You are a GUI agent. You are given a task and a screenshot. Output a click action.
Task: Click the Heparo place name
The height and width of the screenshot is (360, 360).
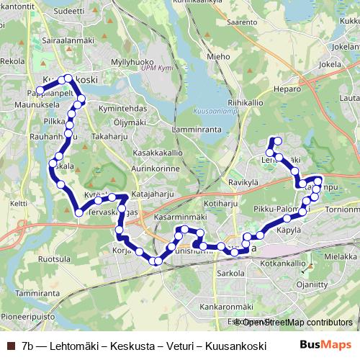286,90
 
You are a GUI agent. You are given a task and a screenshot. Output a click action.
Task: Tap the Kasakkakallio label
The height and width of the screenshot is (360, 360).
157,153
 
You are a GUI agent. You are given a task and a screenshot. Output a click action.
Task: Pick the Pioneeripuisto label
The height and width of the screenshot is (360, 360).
27,316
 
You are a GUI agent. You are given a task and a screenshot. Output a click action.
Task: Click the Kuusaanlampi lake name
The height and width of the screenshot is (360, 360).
213,112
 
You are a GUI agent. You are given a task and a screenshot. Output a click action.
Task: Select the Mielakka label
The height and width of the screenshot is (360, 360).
341,256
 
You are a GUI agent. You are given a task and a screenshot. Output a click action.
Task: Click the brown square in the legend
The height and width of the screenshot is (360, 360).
11,346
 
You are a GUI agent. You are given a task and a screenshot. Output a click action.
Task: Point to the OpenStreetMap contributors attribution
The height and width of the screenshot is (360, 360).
296,323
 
